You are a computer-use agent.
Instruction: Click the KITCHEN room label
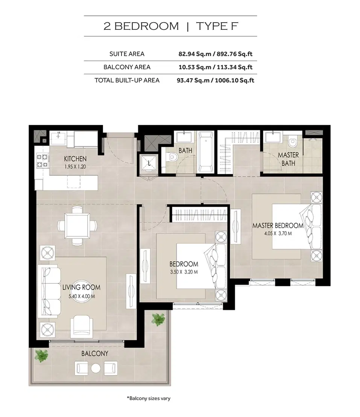[75, 159]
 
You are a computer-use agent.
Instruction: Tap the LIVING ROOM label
[81, 288]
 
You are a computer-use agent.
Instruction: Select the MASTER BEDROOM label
[278, 225]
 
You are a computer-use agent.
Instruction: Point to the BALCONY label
[94, 354]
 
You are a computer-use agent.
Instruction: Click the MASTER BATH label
[288, 159]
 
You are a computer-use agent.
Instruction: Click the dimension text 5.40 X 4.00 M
[81, 296]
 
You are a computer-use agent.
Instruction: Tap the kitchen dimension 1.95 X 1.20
[75, 166]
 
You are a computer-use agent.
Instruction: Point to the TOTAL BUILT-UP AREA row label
[127, 80]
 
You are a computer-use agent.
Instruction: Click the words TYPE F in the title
[217, 26]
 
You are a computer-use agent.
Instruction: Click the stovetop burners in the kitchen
[42, 161]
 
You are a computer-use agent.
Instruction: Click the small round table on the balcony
[95, 368]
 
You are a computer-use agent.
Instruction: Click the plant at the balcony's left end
[41, 355]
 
